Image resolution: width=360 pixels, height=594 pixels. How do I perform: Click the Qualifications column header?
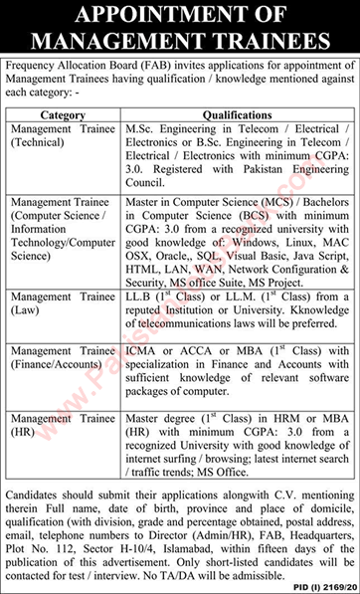point(238,114)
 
